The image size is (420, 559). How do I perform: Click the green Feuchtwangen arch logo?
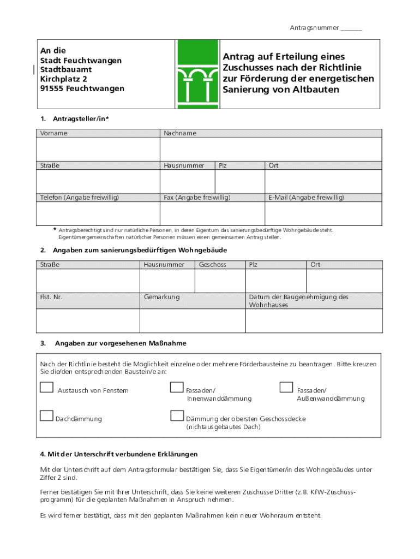197,74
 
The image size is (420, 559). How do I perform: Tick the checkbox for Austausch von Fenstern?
46,388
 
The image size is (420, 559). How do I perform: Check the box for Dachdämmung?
46,416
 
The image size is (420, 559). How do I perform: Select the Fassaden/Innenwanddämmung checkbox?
176,388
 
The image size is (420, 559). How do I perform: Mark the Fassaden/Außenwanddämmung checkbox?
286,388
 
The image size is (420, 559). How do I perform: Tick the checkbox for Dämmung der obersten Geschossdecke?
176,416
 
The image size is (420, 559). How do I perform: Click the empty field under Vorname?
98,150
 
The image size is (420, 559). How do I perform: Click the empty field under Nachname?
271,150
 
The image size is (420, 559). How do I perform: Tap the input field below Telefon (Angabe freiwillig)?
98,213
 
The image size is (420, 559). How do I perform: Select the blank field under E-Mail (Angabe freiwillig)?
323,213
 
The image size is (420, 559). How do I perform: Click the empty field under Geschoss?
220,281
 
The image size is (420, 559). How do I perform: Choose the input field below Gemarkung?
193,320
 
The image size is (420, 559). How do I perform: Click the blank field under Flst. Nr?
88,320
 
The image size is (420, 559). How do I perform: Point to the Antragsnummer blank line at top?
351,28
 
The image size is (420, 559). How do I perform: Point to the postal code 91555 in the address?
52,88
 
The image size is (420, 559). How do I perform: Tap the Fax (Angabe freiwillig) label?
197,197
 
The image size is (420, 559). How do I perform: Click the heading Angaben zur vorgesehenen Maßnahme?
121,343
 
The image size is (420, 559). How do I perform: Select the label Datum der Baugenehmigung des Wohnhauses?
298,301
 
